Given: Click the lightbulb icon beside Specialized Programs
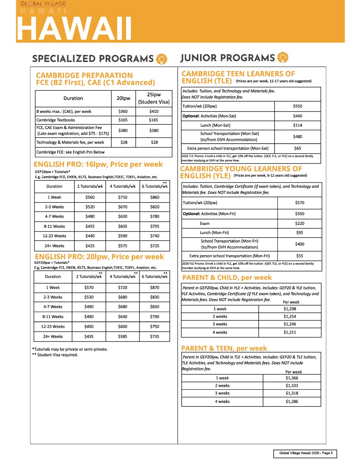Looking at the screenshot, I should (x=161, y=59).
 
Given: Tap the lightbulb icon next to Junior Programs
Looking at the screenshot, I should (x=283, y=57).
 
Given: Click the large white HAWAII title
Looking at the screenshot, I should (x=74, y=29).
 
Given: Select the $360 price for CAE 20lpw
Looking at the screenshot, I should (x=123, y=112).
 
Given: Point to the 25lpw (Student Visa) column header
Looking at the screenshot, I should (x=154, y=98).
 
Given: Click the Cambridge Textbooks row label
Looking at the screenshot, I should (x=56, y=120).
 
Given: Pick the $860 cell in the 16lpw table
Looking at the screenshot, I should (x=155, y=197).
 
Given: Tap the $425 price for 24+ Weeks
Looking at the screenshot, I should (x=90, y=246).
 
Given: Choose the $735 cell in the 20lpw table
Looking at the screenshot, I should (x=155, y=337).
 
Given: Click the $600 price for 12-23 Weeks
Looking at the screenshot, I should (x=123, y=327).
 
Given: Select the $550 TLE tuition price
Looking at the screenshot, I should (x=297, y=106).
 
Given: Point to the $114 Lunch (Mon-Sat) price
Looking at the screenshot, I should (x=297, y=125).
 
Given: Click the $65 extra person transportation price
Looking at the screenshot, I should (x=297, y=149).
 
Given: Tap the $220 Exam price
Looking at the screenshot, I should (x=299, y=224).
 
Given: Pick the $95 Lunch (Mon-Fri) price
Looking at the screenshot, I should (x=299, y=233).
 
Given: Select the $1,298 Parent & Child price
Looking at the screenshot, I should (x=290, y=309).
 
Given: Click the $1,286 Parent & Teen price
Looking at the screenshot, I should (x=292, y=401).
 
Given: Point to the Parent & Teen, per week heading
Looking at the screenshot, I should (x=224, y=348).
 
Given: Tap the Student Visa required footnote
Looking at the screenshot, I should (x=55, y=355).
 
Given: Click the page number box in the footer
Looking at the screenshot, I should (x=305, y=453).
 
